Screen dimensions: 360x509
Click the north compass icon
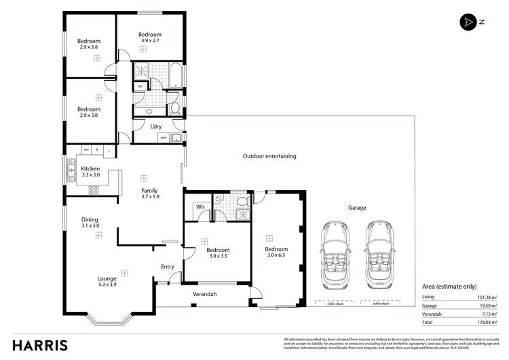tap(467, 22)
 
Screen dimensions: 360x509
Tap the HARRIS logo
tap(39, 344)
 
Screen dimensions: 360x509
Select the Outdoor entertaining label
tap(269, 156)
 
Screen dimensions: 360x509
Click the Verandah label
tap(205, 294)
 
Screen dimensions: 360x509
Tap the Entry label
tap(168, 267)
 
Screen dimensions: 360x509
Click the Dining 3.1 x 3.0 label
tap(90, 223)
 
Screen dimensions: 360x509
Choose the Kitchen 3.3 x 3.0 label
tap(90, 172)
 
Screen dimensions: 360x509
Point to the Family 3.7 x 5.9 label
tap(150, 194)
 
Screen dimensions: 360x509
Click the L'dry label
tap(155, 126)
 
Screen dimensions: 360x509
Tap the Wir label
tap(200, 206)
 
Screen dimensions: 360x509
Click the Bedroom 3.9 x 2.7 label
tap(150, 37)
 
